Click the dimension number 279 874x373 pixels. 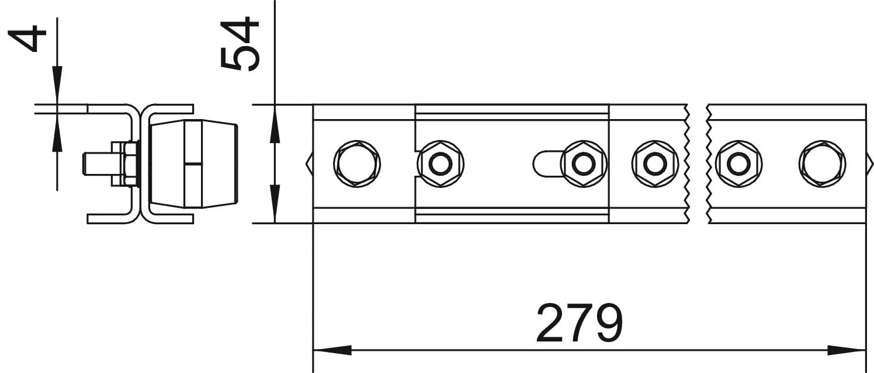580,323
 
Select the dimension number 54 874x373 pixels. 240,43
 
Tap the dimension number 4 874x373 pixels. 27,39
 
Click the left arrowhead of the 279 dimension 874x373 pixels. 332,350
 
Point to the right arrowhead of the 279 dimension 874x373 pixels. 847,350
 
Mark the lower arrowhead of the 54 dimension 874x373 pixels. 275,204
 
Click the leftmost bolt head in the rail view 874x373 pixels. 357,163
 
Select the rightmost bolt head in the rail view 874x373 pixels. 823,163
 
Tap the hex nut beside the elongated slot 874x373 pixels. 584,163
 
